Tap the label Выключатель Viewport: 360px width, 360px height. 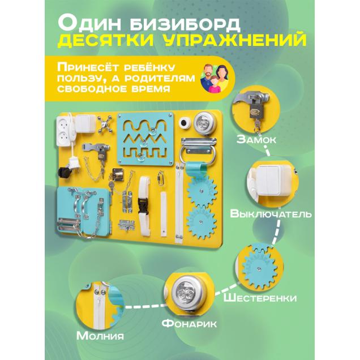point(271,215)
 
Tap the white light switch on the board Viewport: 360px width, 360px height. point(85,124)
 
